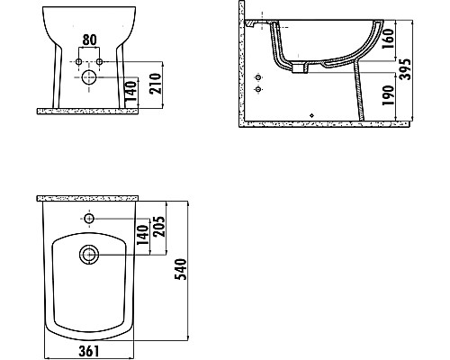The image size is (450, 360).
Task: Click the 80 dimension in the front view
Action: pos(89,40)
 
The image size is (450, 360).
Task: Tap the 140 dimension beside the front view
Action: pos(132,90)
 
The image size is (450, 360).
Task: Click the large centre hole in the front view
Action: pos(89,78)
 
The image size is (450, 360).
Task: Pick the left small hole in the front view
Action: pos(78,61)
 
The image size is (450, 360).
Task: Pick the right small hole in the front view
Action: pos(100,61)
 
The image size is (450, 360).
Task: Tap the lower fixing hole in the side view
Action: pos(259,91)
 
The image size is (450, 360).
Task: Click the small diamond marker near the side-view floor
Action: pos(311,115)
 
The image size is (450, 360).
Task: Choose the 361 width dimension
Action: pos(89,349)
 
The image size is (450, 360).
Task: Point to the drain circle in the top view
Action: pos(89,255)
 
